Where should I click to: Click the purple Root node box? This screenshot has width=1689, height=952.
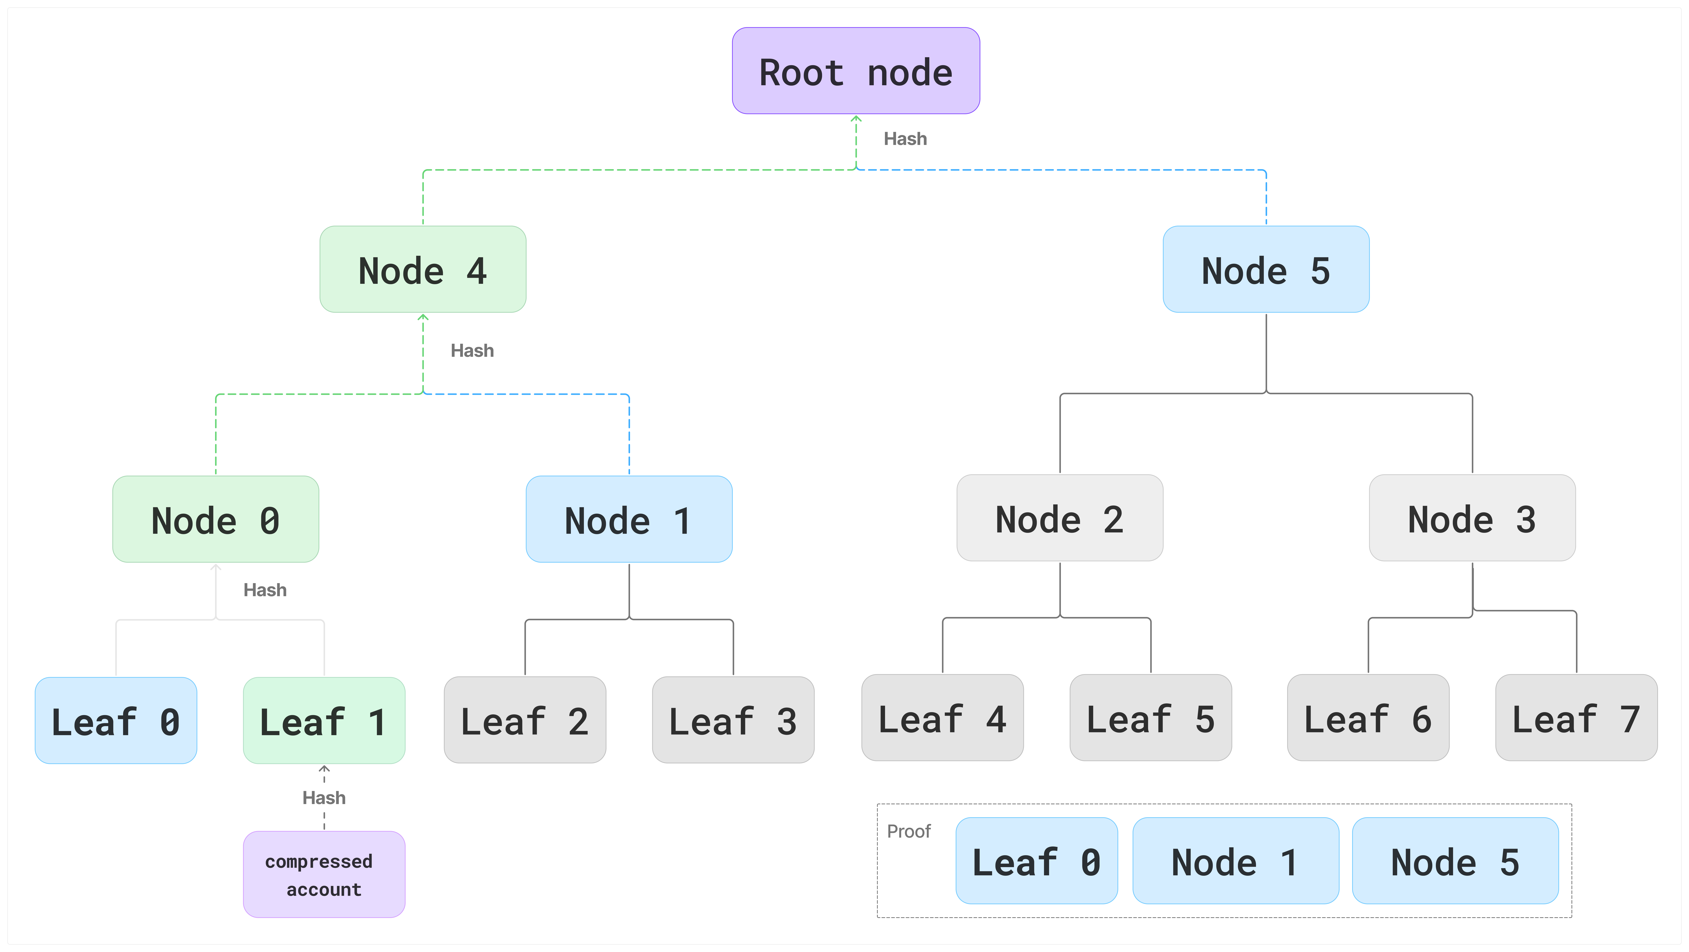click(x=856, y=71)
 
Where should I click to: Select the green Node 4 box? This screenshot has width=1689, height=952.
click(x=423, y=270)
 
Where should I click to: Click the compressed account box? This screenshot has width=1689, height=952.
click(x=324, y=875)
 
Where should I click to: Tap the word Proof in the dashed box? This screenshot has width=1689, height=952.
click(x=909, y=831)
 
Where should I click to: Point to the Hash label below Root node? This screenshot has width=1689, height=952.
click(x=905, y=139)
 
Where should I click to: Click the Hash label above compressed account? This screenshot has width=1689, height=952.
click(x=324, y=798)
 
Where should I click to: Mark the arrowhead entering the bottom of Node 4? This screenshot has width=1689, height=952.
click(x=423, y=318)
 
